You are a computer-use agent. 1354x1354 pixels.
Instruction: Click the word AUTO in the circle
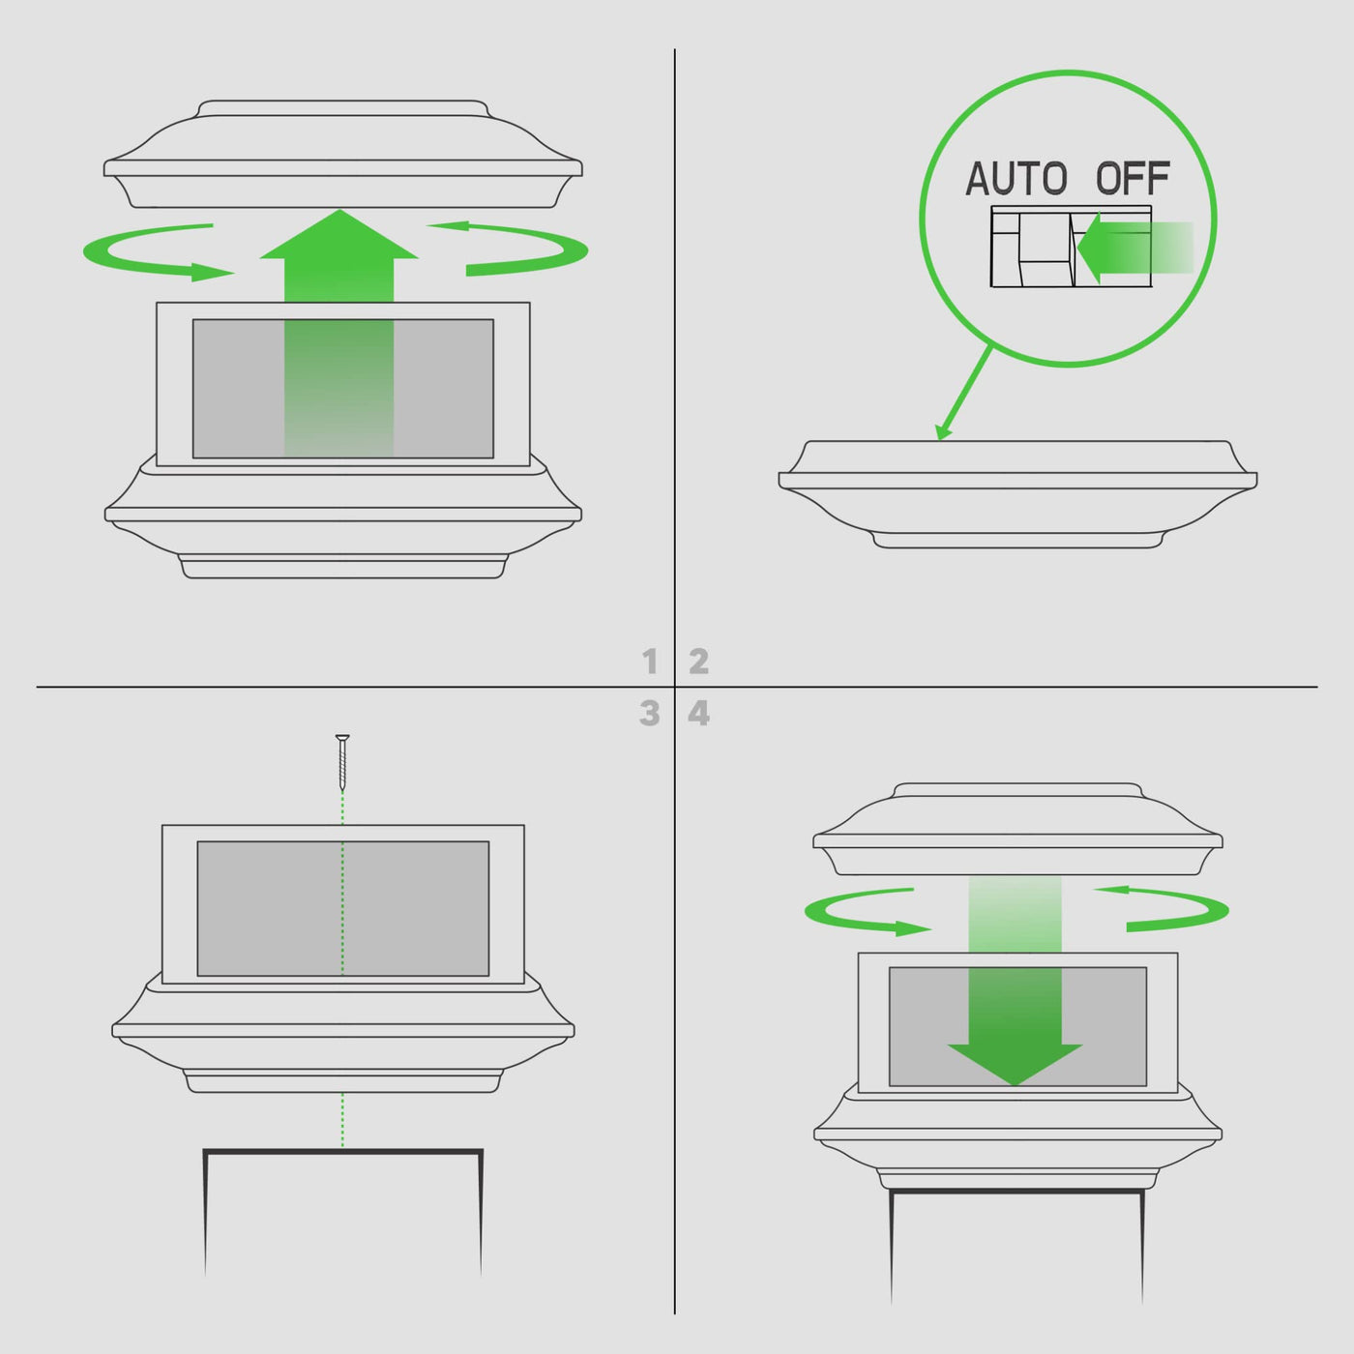point(1016,179)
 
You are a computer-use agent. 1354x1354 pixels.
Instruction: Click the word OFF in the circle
point(1133,179)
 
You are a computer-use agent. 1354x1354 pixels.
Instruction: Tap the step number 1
point(650,662)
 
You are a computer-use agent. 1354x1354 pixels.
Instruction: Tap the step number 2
point(699,662)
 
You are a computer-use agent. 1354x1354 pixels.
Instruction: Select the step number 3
point(650,713)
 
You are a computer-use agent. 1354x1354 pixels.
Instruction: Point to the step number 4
point(699,713)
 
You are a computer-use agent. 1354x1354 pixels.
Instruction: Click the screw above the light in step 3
point(343,762)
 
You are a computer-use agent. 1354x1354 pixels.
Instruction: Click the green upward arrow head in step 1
point(339,234)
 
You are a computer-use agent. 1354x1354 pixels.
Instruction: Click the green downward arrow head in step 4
point(1015,1065)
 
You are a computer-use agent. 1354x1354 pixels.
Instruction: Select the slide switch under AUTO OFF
point(1071,246)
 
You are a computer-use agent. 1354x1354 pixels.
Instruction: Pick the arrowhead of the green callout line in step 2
point(944,430)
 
